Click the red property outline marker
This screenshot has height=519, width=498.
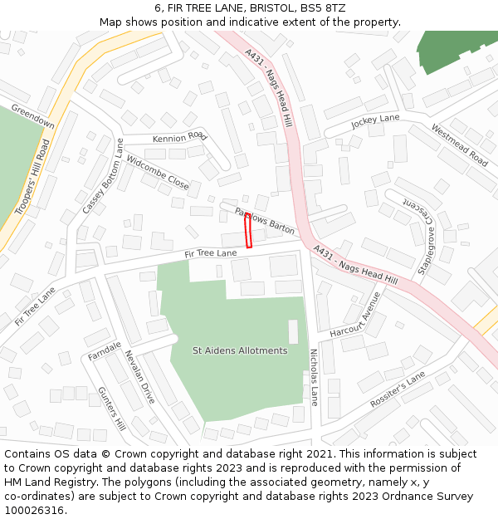coord(248,230)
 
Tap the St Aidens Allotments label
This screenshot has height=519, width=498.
coord(240,350)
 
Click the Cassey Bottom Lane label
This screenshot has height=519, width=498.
coord(102,176)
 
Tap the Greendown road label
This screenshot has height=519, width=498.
coord(33,117)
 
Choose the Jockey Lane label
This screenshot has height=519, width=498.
coord(375,122)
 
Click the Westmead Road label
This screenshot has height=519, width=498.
coord(459,144)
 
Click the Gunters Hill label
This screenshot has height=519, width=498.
coord(111,409)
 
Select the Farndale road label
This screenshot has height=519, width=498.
coord(105,351)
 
